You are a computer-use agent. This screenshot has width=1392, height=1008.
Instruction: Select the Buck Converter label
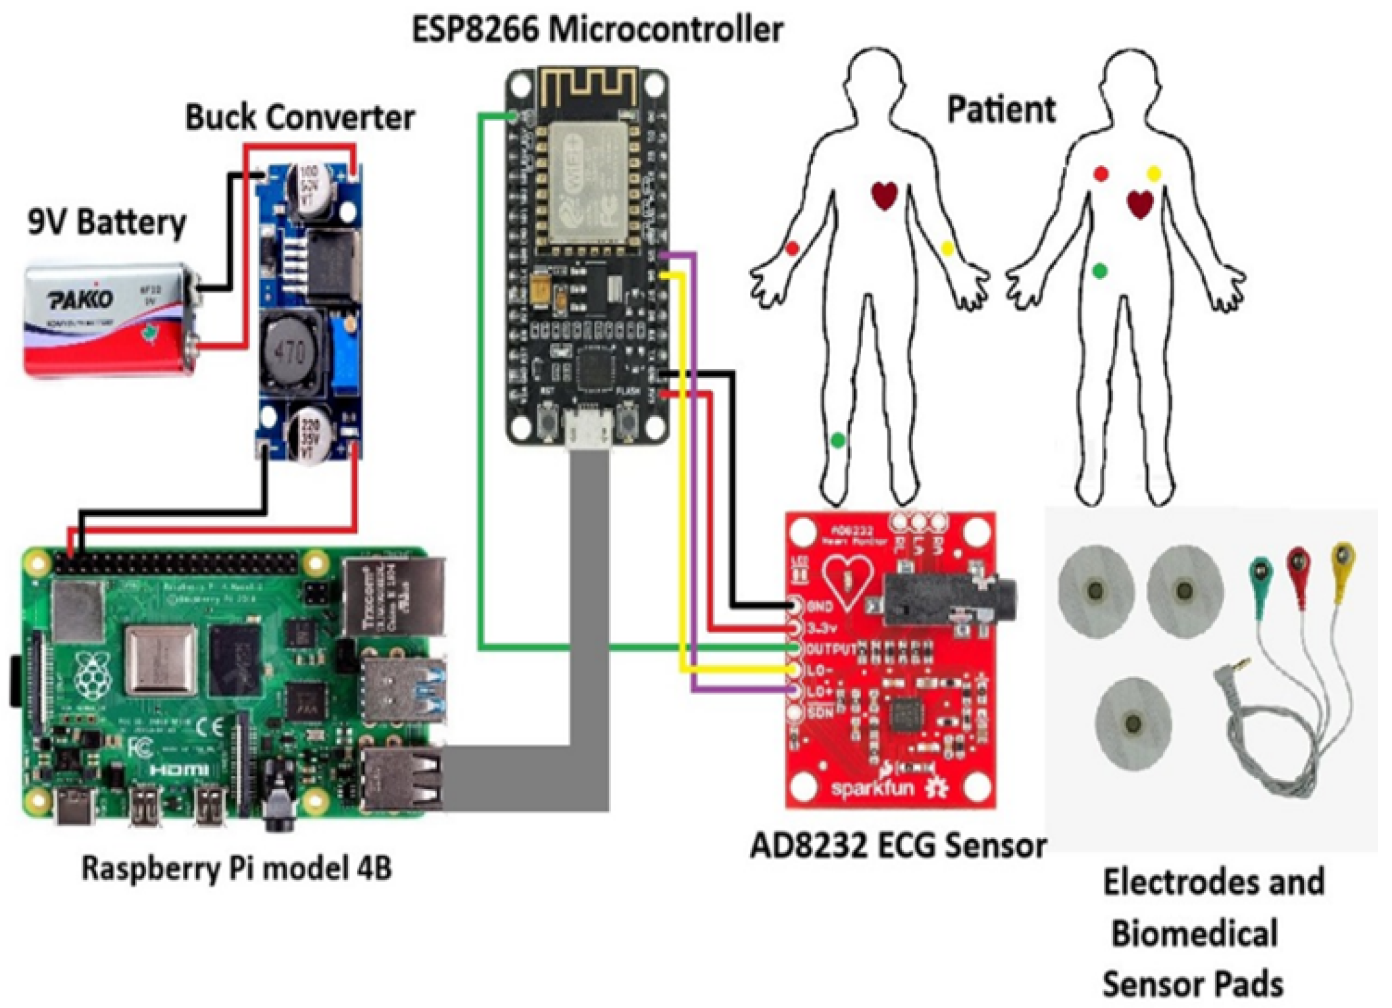click(x=299, y=118)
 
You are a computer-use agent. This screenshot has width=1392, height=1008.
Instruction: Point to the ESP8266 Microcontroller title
click(x=597, y=30)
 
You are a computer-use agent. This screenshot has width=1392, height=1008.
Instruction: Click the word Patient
click(x=1001, y=109)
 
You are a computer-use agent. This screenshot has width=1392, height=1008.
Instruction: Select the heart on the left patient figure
click(x=884, y=195)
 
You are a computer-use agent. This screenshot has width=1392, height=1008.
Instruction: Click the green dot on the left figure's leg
click(x=837, y=440)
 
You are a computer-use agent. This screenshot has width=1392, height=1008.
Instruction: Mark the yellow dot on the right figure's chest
click(x=1154, y=174)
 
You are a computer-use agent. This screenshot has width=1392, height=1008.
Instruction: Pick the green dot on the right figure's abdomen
click(x=1099, y=271)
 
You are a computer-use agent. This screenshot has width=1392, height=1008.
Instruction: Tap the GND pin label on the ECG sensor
click(x=820, y=606)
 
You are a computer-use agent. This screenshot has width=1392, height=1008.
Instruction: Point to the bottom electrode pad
click(x=1133, y=724)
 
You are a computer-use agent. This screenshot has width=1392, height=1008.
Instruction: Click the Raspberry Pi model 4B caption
click(x=236, y=869)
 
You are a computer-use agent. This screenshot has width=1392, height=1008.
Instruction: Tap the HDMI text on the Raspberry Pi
click(x=179, y=769)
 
